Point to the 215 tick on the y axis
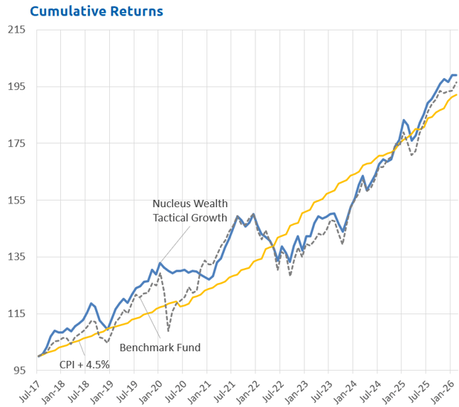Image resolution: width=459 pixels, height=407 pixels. click(x=16, y=30)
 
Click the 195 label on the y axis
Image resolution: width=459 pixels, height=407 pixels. click(x=16, y=87)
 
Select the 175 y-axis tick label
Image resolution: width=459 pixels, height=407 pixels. click(x=16, y=143)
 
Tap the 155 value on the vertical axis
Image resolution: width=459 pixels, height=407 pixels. click(x=16, y=201)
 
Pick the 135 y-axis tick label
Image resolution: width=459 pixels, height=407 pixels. click(x=16, y=257)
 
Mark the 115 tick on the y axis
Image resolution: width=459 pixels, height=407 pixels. click(x=16, y=314)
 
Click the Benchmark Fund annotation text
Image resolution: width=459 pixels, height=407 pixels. click(x=160, y=347)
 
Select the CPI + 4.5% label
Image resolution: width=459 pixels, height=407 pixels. click(x=85, y=365)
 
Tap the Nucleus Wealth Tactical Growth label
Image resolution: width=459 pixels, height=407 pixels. click(x=190, y=210)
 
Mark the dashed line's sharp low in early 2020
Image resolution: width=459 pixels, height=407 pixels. click(x=168, y=331)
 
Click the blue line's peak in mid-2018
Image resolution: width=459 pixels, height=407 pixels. click(x=91, y=303)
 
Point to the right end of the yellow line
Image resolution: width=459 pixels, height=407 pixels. click(x=456, y=95)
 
